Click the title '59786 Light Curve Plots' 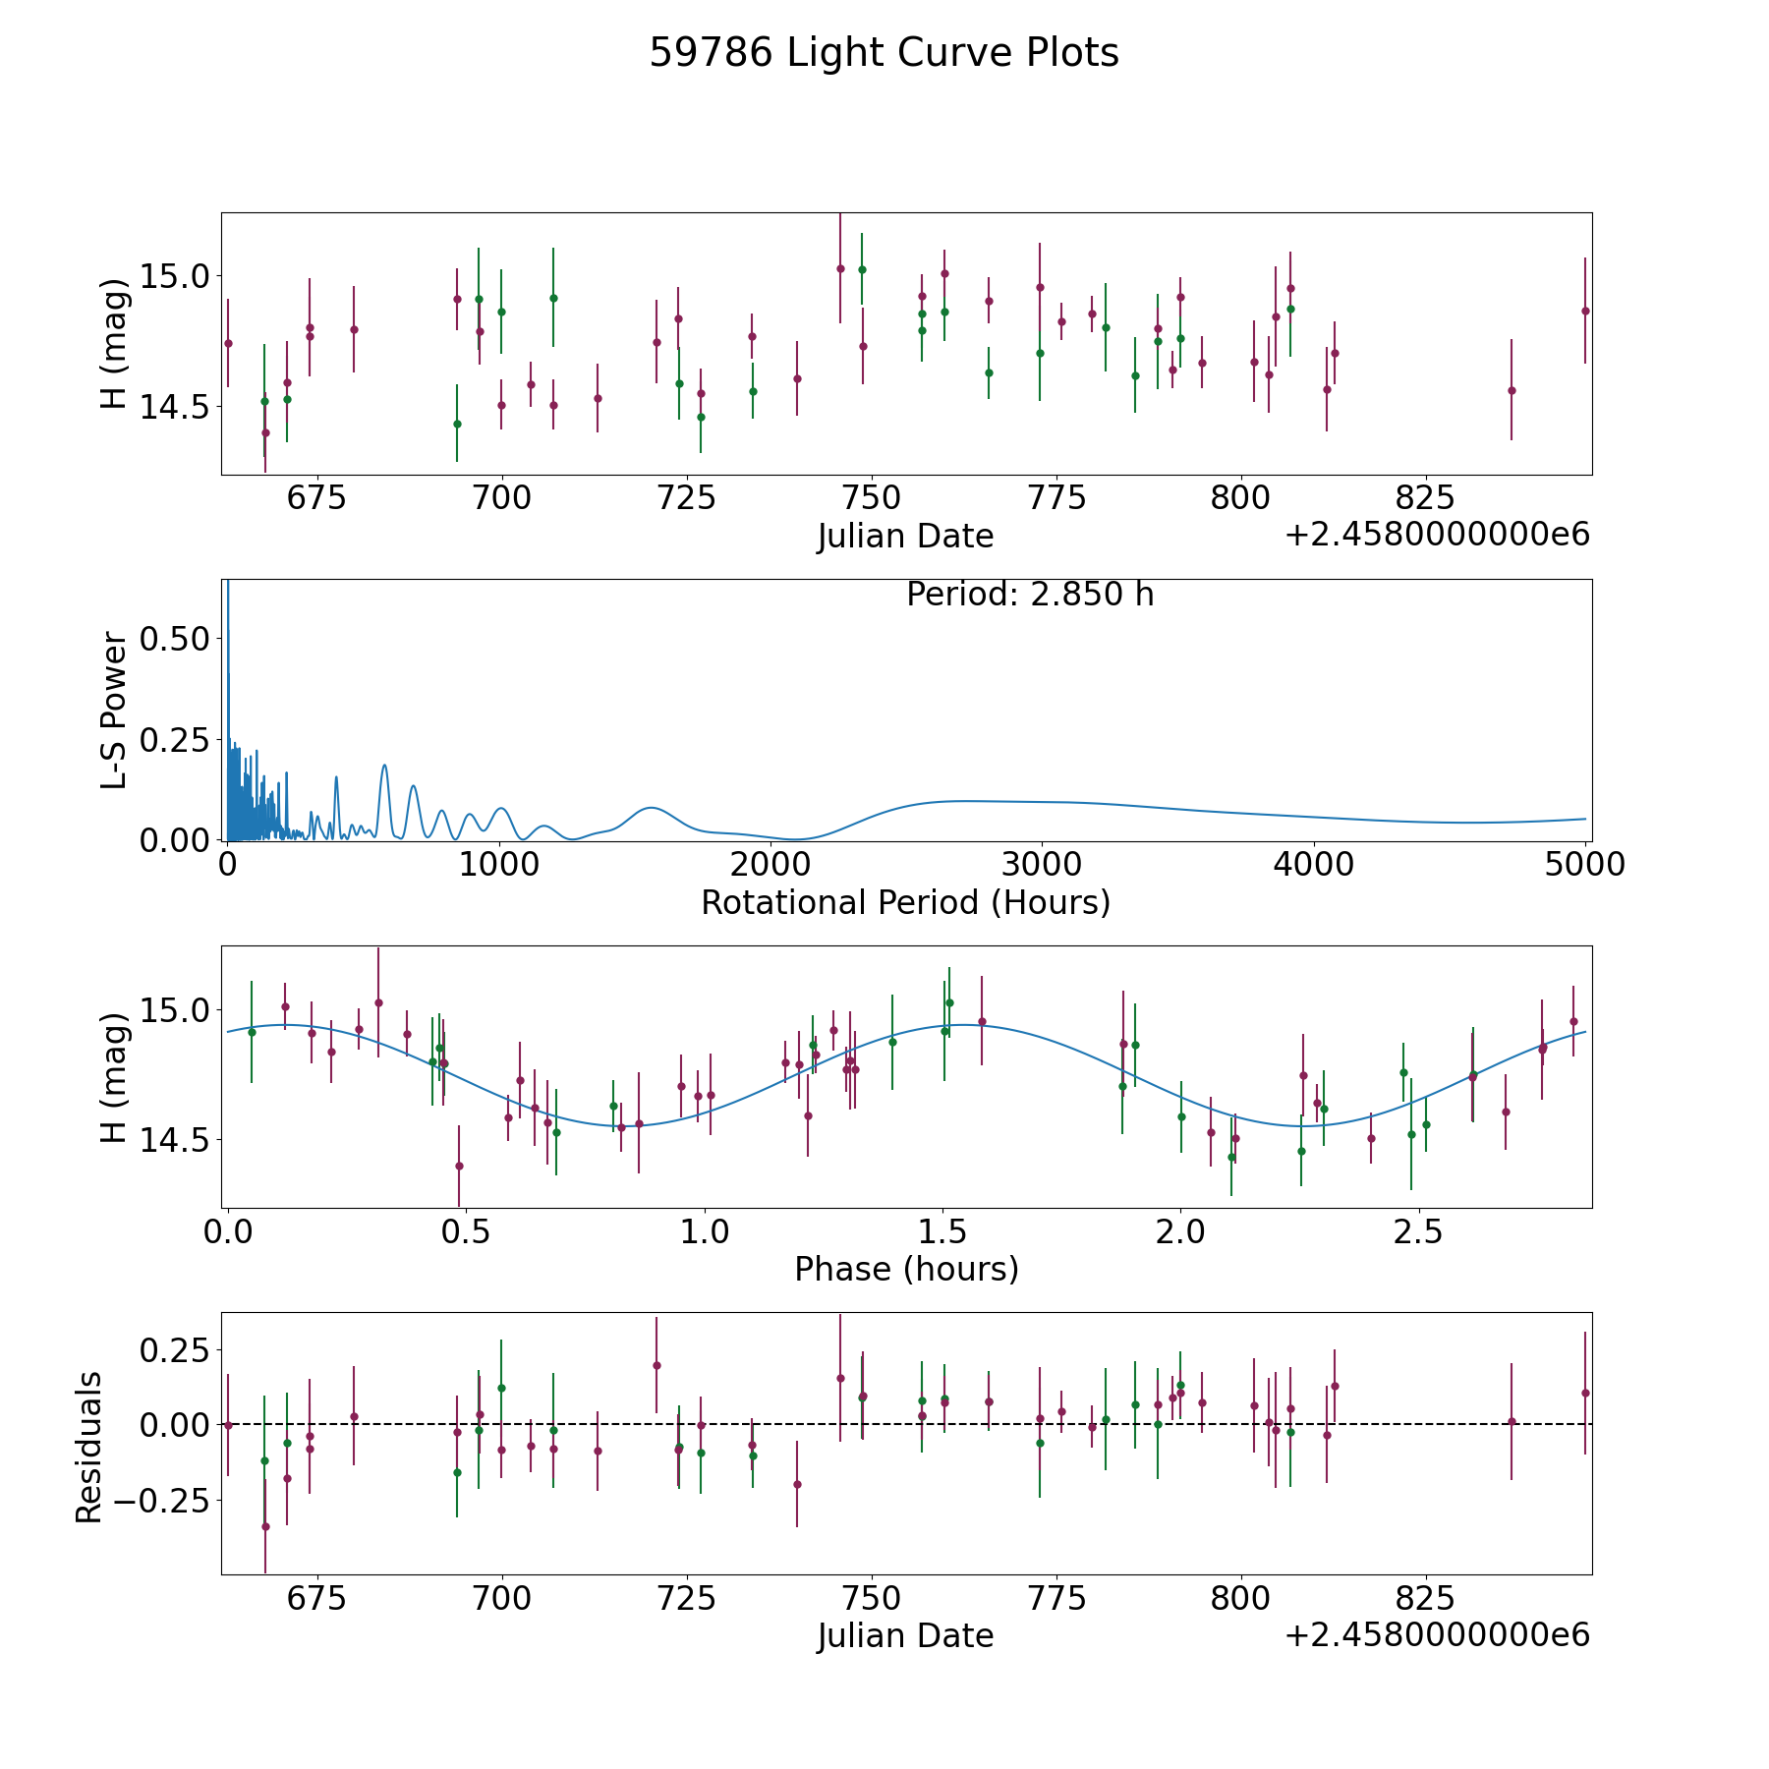(884, 53)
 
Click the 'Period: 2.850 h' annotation (1030, 595)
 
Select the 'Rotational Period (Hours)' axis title (905, 902)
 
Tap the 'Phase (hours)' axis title (906, 1269)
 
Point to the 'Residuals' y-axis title (89, 1448)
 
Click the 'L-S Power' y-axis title (114, 711)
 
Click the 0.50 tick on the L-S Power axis (174, 639)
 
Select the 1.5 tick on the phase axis (943, 1232)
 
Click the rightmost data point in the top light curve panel (1585, 311)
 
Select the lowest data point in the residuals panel (265, 1526)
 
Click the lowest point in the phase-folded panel (459, 1166)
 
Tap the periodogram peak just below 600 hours (384, 766)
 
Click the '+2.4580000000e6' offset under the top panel (1437, 536)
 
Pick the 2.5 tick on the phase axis (1419, 1232)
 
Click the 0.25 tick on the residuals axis (174, 1350)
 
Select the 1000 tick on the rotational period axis (499, 865)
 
